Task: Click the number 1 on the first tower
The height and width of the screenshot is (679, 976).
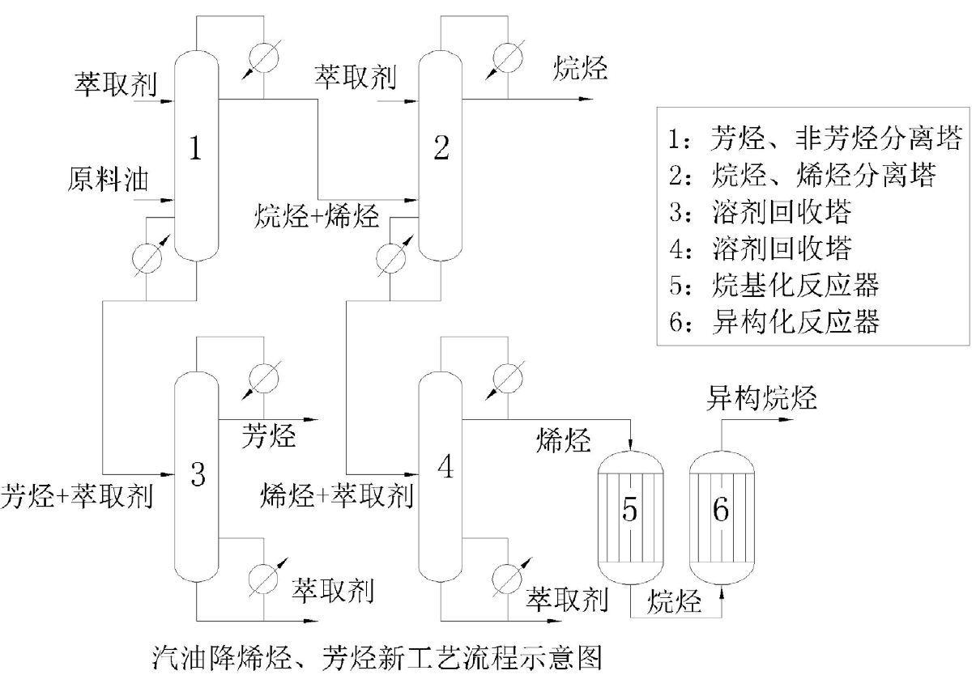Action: coord(195,149)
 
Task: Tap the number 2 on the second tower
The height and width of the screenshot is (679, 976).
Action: coord(441,149)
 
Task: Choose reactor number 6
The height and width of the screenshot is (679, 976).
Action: coord(721,509)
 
